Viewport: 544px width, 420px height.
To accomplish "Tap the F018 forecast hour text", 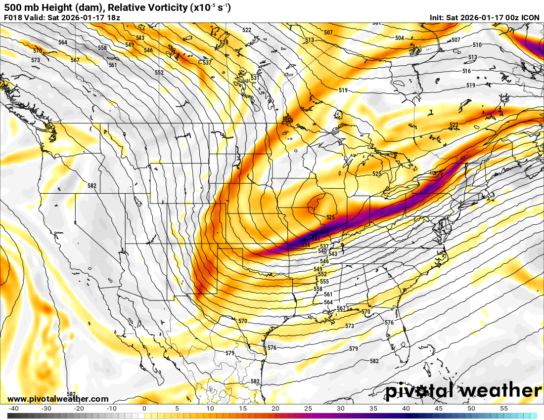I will pos(12,17).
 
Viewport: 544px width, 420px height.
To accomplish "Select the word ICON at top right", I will pos(530,17).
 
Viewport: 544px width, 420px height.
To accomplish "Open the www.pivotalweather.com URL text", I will pos(58,399).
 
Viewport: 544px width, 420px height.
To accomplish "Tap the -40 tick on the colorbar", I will pos(13,409).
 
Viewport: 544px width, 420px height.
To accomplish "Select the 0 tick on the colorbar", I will pos(144,409).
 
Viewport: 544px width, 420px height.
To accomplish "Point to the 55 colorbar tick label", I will pos(504,409).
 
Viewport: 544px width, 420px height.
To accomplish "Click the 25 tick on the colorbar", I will pos(308,409).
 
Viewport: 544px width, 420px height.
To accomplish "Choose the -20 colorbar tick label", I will pos(79,409).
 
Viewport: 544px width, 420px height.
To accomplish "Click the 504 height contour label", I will pos(400,38).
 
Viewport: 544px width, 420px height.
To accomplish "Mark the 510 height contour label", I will pos(477,45).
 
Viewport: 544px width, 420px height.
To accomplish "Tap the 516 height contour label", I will pos(466,71).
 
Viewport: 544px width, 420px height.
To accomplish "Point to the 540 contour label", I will pos(322,251).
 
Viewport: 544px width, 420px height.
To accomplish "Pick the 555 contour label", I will pos(324,282).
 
